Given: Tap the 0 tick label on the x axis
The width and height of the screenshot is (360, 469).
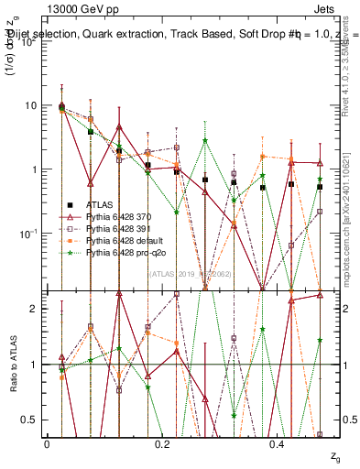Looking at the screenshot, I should coord(47,443).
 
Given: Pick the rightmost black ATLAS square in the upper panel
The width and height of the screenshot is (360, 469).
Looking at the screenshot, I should coord(320,187).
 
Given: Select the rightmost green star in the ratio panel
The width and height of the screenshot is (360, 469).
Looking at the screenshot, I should coord(320,340).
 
